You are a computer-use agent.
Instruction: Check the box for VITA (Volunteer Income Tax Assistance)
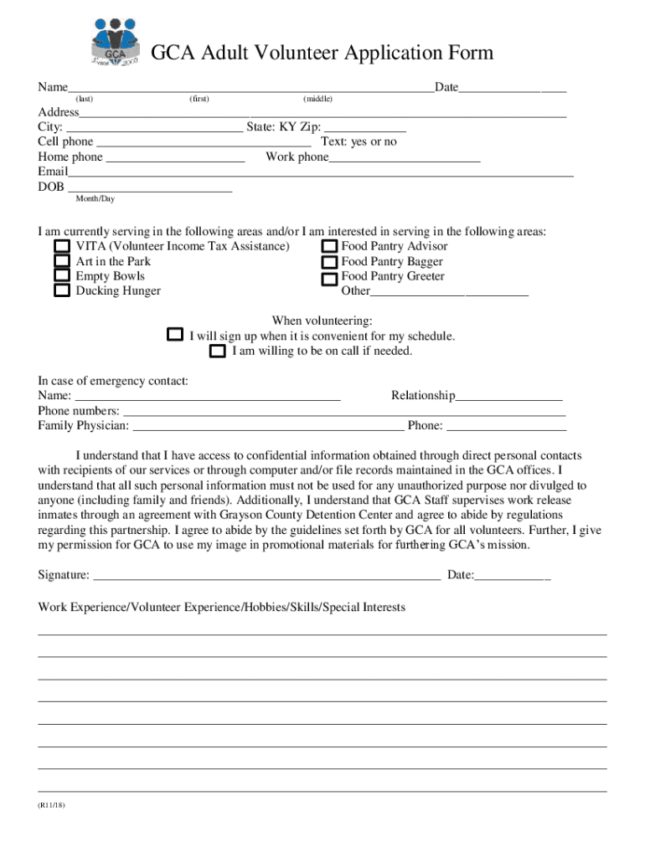point(62,246)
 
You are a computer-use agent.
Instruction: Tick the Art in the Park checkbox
point(62,261)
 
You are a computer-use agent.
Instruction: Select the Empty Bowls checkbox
point(62,275)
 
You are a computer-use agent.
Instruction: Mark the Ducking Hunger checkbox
point(62,291)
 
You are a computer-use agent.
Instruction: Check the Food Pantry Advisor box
point(330,246)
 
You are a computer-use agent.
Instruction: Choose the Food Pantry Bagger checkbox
point(330,262)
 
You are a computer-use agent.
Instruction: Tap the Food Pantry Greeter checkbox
point(330,278)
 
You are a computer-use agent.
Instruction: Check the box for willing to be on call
point(218,352)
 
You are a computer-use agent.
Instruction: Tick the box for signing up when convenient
point(174,335)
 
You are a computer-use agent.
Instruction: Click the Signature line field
point(266,574)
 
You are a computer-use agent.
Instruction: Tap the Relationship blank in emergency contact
point(508,396)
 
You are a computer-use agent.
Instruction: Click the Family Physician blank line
point(268,426)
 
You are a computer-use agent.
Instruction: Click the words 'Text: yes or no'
point(359,142)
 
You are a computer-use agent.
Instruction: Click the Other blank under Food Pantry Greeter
point(449,291)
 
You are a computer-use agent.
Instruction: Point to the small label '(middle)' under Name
point(317,100)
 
